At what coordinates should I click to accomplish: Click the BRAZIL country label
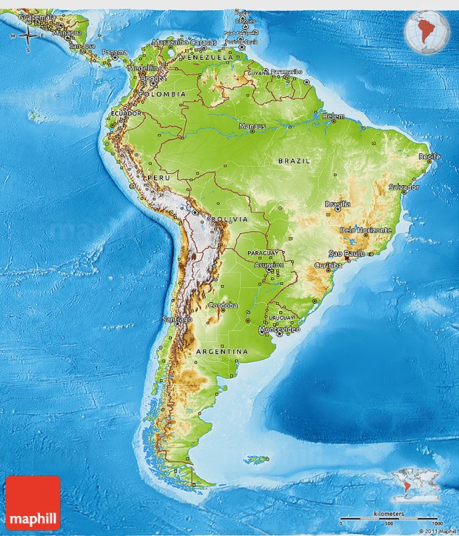[294, 160]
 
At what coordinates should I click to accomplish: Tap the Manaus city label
[252, 127]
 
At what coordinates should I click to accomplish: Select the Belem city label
[334, 116]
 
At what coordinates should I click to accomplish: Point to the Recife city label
[429, 156]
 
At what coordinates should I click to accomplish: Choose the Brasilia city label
[337, 204]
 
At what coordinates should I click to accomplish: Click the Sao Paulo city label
[352, 253]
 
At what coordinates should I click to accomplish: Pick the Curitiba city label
[328, 264]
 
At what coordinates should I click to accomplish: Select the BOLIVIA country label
[227, 220]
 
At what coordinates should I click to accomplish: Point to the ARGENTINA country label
[222, 351]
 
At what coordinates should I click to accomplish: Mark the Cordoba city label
[223, 305]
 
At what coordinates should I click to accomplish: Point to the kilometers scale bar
[389, 516]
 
